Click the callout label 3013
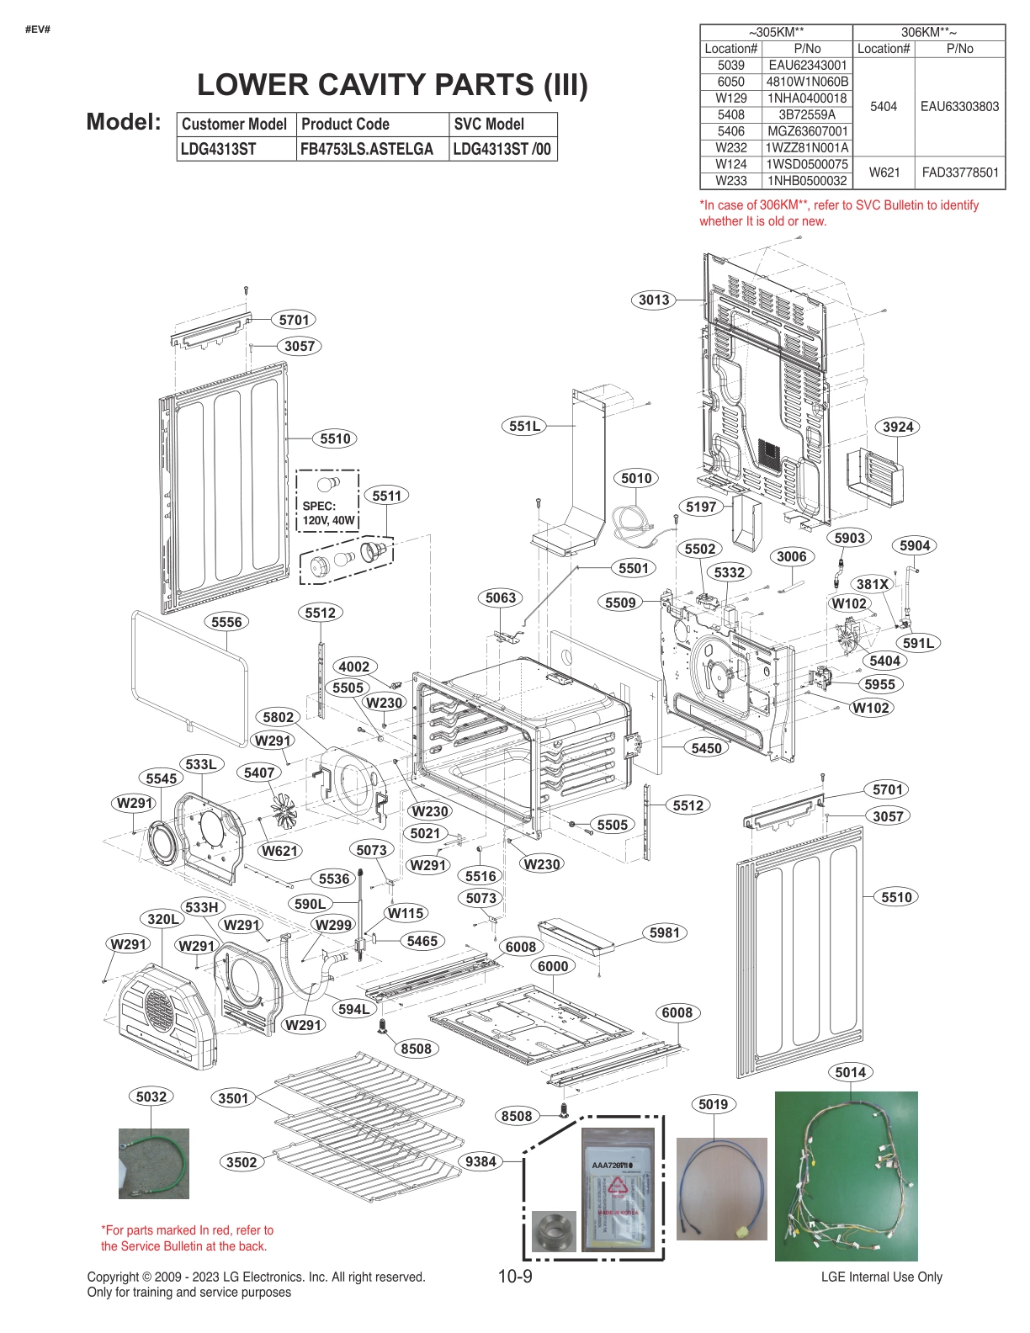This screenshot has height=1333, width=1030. [x=653, y=300]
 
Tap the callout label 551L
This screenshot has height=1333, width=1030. [x=524, y=426]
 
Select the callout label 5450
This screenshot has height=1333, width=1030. [x=706, y=748]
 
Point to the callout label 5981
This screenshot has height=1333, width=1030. [x=664, y=932]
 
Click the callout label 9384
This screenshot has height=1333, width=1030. [x=480, y=1161]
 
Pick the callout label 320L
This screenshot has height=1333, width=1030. [x=162, y=919]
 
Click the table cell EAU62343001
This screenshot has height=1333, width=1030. [x=807, y=66]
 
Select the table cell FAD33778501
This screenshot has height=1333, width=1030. [x=959, y=173]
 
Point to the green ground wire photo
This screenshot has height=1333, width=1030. [x=153, y=1163]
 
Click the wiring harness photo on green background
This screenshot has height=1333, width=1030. [x=846, y=1176]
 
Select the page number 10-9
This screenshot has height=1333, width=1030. [x=515, y=1277]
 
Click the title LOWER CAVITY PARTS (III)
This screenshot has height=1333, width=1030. [x=392, y=85]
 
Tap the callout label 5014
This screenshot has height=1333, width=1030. [x=850, y=1072]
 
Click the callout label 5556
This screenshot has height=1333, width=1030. [x=226, y=622]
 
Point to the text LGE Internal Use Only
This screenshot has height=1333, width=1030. [x=881, y=1277]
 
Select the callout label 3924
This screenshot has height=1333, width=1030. [x=898, y=427]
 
